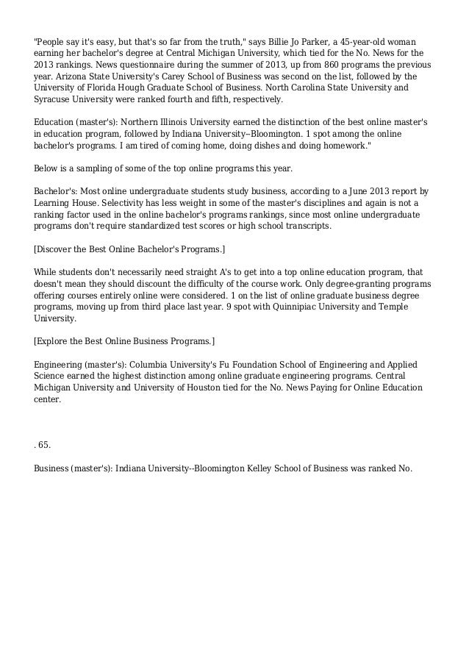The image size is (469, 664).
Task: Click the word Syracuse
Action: tap(54, 99)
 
